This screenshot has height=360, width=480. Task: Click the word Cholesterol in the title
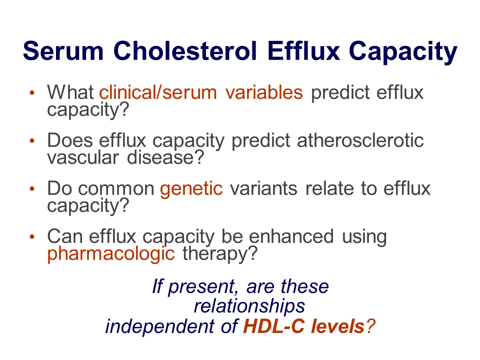tap(185, 51)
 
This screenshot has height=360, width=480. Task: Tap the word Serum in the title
tap(63, 51)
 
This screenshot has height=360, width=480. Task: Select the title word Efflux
tap(303, 50)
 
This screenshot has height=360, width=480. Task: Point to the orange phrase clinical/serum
tap(158, 92)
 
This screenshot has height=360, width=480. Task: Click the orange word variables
tap(264, 92)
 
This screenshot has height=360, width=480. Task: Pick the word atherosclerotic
tap(360, 140)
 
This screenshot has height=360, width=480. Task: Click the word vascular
tap(83, 157)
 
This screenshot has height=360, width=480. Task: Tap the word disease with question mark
tap(165, 157)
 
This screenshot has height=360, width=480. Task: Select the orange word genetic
tap(191, 189)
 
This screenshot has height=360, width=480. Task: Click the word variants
tap(263, 188)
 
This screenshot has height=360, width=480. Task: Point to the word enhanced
tap(291, 236)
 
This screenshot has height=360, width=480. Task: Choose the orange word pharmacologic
tap(111, 254)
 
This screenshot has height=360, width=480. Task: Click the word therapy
tap(220, 254)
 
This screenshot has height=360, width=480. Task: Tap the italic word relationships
tap(249, 306)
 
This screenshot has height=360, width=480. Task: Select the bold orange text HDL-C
tap(274, 326)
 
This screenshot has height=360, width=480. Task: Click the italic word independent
tap(160, 326)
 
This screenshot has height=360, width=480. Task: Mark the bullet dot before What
tap(32, 92)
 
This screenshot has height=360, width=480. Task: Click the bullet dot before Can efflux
tap(32, 236)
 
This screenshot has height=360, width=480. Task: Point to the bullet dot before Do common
tap(32, 188)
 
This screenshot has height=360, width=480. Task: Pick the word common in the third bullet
tap(116, 189)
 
